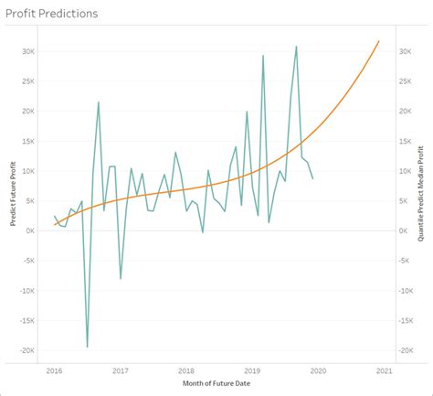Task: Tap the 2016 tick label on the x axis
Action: tap(54, 370)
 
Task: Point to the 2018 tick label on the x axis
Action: tap(185, 370)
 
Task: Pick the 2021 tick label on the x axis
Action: tap(384, 370)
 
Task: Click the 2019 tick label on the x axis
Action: tap(252, 370)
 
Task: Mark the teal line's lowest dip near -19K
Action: tap(88, 347)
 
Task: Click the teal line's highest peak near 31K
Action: tap(296, 46)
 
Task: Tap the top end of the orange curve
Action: tap(379, 41)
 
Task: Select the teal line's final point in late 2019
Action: tap(313, 178)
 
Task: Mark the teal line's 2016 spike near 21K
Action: tap(99, 102)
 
